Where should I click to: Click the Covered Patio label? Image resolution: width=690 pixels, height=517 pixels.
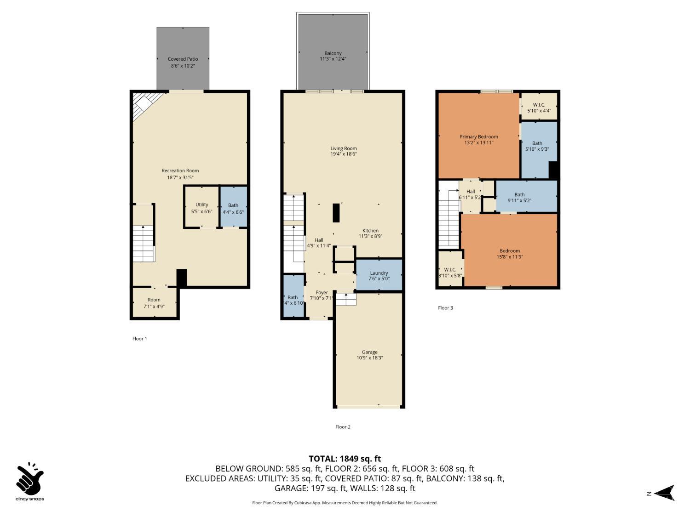tap(183, 59)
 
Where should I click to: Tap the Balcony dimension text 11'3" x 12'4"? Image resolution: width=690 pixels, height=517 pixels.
tap(333, 59)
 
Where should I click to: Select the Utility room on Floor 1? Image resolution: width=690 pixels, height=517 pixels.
tap(201, 207)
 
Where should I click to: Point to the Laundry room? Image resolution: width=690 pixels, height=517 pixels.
tap(379, 275)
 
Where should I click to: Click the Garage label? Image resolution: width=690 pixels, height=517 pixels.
tap(369, 352)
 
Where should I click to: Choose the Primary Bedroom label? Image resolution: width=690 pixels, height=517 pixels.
tap(478, 137)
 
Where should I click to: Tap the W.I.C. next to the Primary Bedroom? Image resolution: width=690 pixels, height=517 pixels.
tap(539, 106)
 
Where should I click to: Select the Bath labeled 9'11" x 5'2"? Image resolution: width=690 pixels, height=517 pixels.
tap(527, 196)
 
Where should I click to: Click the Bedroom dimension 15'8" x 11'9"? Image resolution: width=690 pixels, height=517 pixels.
tap(510, 257)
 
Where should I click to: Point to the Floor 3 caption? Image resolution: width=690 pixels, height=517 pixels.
tap(445, 308)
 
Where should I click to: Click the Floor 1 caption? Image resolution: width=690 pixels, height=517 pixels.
tap(139, 339)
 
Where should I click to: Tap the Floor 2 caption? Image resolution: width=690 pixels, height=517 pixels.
tap(343, 427)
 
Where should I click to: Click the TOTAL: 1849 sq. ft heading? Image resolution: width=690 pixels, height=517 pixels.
tap(345, 459)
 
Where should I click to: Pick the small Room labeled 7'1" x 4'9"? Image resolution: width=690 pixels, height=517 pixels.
tap(154, 302)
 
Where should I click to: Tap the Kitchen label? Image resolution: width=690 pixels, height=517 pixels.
tap(370, 231)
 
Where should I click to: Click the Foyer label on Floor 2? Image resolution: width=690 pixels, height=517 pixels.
tap(322, 293)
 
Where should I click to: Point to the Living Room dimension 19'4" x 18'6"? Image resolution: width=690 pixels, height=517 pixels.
tap(343, 154)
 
